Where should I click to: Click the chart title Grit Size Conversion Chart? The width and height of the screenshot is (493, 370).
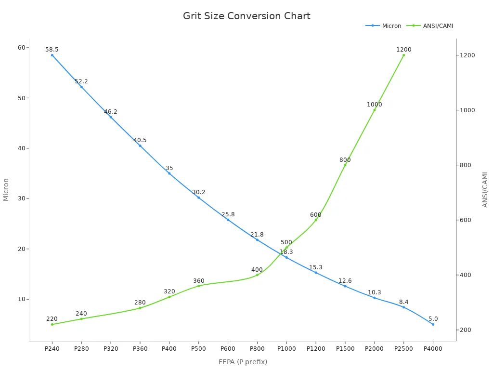[x=246, y=16]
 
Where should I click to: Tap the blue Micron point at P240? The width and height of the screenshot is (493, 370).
[x=52, y=55]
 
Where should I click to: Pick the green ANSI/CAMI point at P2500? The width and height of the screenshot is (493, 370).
[x=403, y=55]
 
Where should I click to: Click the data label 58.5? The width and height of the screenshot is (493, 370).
[x=52, y=50]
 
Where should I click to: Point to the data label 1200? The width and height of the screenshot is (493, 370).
[x=403, y=50]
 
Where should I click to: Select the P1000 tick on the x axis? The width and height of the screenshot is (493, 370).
[x=286, y=348]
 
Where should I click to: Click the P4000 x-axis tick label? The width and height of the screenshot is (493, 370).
[x=433, y=348]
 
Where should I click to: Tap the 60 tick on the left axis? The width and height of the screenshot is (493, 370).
[x=22, y=47]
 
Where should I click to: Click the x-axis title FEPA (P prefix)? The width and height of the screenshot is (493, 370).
[x=243, y=362]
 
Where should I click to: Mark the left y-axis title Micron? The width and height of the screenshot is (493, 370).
[x=6, y=189]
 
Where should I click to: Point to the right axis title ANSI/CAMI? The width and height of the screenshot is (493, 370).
[x=485, y=189]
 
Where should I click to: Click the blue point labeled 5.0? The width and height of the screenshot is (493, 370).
[x=433, y=324]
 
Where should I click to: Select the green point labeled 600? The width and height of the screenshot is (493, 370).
[x=316, y=220]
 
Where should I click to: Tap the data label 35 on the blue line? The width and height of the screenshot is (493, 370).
[x=169, y=168]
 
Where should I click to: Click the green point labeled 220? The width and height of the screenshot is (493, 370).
[x=52, y=324]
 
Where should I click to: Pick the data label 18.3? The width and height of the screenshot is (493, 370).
[x=286, y=252]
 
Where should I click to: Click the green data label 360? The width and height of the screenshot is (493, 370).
[x=198, y=281]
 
